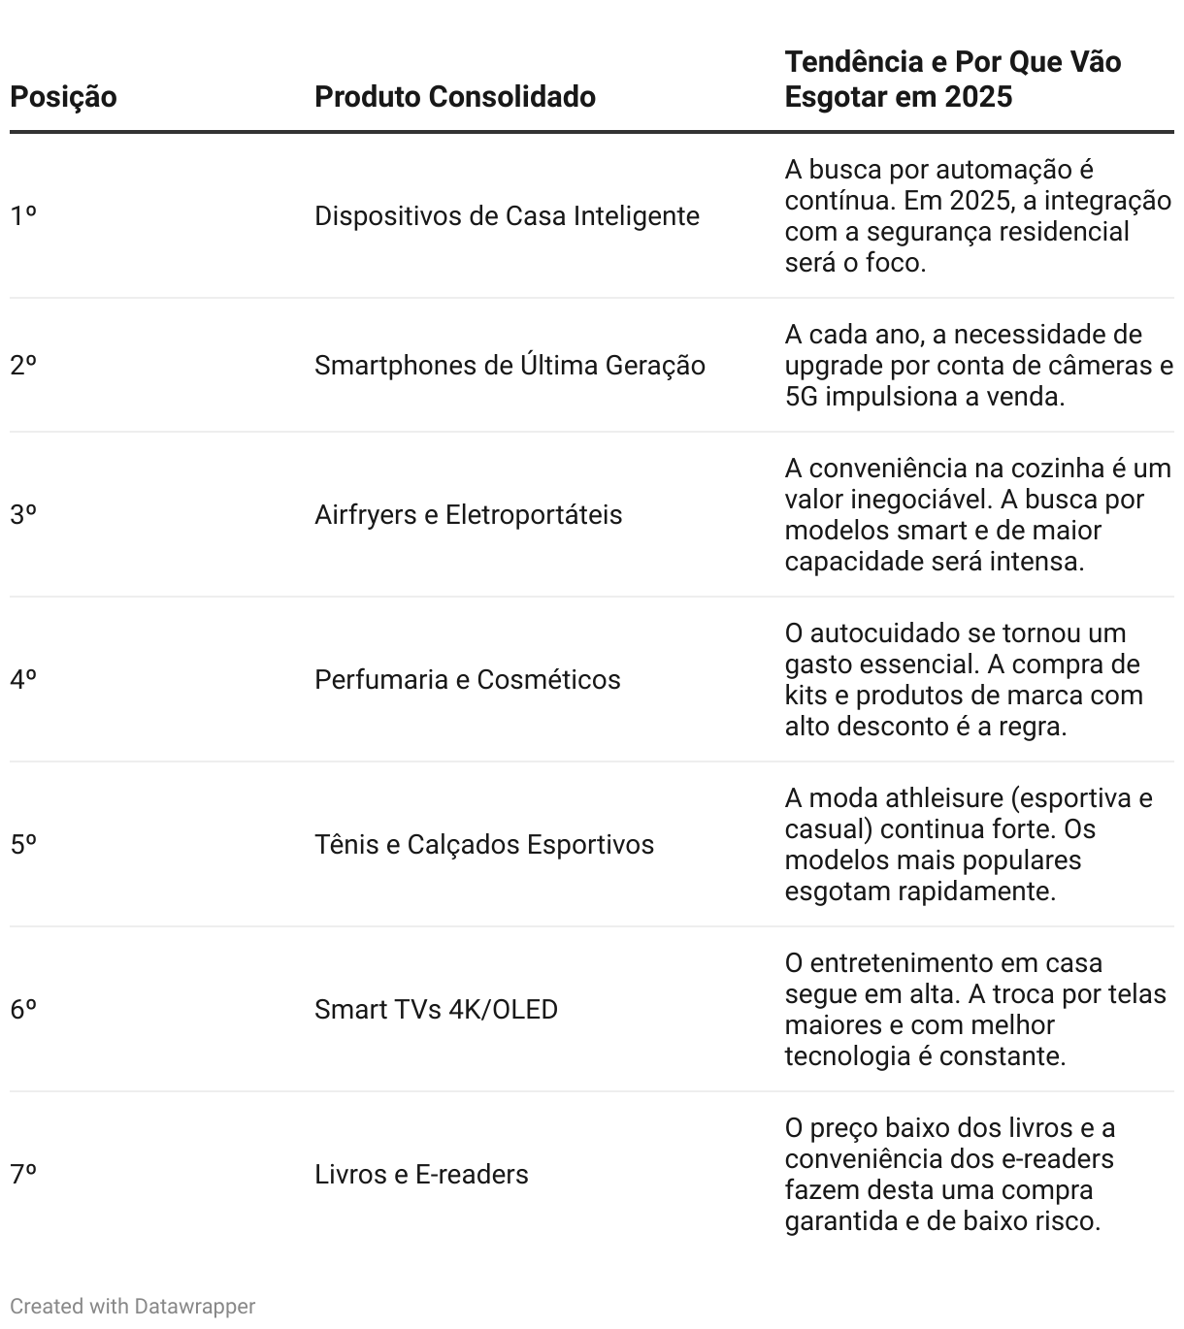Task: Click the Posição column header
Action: pos(63,97)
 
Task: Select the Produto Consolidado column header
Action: pos(454,97)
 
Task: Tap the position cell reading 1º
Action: pos(23,215)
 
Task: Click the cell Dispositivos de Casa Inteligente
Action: pos(507,215)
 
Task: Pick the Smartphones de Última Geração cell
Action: pos(510,366)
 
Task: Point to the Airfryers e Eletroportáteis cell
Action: pos(468,515)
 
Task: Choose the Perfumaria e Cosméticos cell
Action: pos(467,680)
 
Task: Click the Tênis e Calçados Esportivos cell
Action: pos(483,845)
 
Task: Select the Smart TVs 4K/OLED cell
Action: pos(436,1010)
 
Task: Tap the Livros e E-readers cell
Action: pos(421,1175)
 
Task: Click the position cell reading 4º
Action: pos(23,680)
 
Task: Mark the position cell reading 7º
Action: pos(23,1175)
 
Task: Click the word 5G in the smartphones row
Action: pos(802,397)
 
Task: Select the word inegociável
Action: pos(927,500)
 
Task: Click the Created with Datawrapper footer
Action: pos(132,1307)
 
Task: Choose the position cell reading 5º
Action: pos(23,845)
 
